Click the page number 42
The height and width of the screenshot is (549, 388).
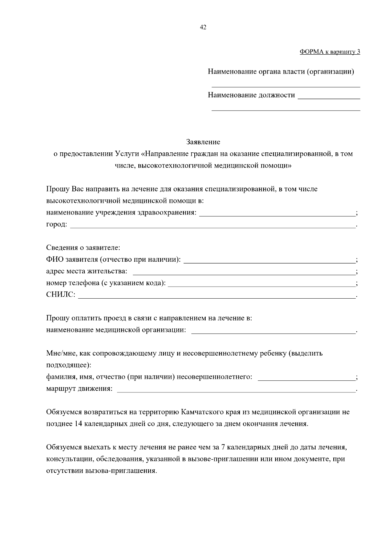[x=203, y=27]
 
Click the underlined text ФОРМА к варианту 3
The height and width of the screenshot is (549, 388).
[x=330, y=52]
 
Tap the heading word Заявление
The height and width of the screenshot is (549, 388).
[x=203, y=142]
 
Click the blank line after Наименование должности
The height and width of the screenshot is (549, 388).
[x=329, y=96]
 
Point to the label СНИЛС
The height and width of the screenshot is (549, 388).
[x=60, y=295]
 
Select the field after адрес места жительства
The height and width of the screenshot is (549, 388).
[x=244, y=272]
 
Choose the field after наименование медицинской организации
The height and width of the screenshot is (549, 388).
[x=274, y=331]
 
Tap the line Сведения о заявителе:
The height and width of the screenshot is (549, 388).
[x=83, y=248]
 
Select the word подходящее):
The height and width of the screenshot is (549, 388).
[x=69, y=365]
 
